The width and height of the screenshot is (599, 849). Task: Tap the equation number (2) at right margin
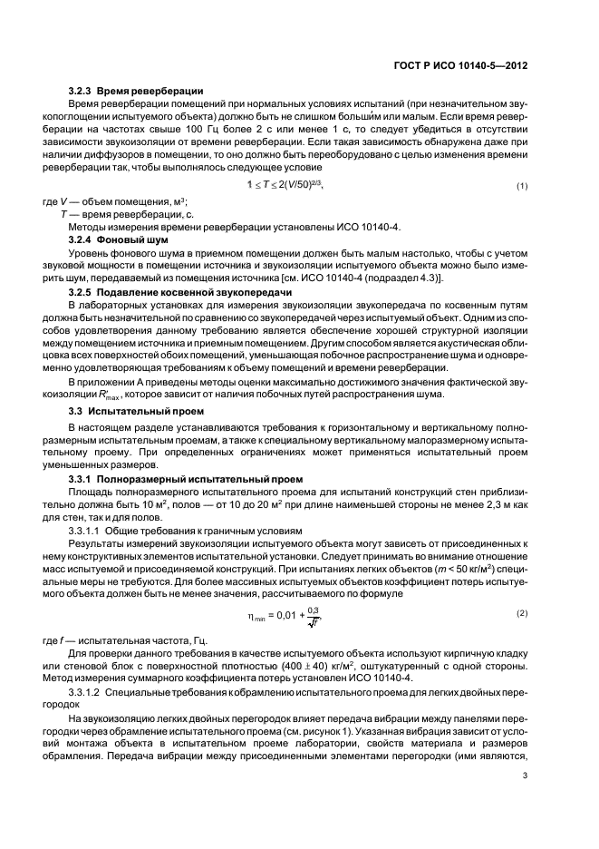[522, 614]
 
